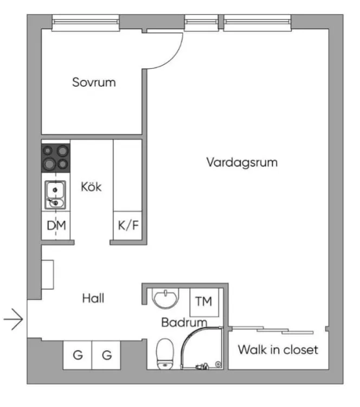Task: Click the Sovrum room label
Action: (x=94, y=82)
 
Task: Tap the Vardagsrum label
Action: (x=242, y=162)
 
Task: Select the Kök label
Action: (x=91, y=187)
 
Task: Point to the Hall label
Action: (x=93, y=298)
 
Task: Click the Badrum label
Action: (x=184, y=322)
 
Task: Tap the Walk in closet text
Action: (x=278, y=349)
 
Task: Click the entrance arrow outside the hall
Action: (x=13, y=319)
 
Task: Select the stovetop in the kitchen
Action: (x=56, y=158)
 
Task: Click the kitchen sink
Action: (x=55, y=195)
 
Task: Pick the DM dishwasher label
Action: (x=56, y=225)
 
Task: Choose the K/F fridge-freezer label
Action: (x=128, y=225)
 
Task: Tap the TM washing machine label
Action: (x=204, y=301)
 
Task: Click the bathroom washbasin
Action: (x=165, y=298)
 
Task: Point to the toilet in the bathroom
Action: (x=165, y=354)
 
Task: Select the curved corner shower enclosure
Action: (x=202, y=348)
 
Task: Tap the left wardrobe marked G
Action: (x=78, y=355)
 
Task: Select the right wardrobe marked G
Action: (x=106, y=355)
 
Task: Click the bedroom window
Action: (x=86, y=23)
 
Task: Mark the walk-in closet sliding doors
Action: (x=272, y=330)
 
